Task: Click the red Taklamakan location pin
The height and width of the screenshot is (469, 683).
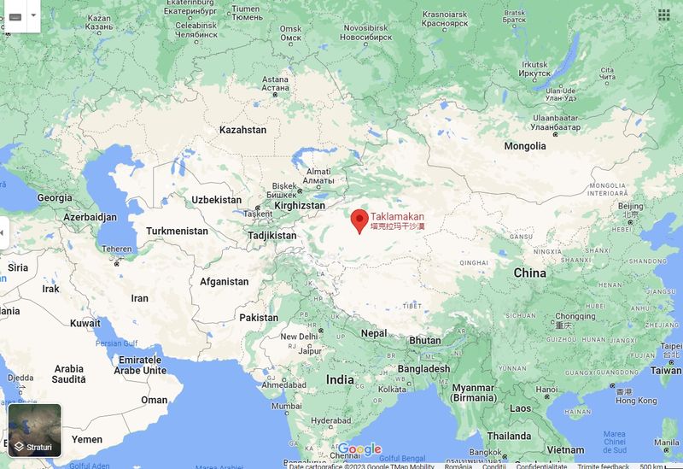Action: pos(359,220)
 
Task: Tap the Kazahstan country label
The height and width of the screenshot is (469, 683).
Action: pos(242,130)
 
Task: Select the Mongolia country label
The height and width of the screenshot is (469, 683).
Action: pos(524,146)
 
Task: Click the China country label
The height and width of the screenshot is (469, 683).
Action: pos(529,273)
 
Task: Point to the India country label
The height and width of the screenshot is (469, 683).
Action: pos(340,379)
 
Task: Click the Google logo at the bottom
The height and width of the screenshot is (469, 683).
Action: pos(359,449)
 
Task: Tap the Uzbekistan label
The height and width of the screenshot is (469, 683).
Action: pos(217,199)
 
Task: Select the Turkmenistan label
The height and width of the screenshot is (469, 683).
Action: pos(177,231)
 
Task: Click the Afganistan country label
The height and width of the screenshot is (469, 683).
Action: pos(224,281)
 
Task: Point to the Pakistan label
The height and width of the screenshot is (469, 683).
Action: pos(259,317)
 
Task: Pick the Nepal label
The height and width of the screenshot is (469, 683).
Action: pos(374,333)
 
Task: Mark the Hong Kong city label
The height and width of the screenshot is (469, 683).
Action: pos(636,401)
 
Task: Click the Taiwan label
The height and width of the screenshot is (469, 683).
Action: pos(666,371)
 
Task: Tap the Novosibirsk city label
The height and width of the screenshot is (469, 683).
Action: pos(365,27)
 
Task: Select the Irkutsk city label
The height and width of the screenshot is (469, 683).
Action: pos(534,64)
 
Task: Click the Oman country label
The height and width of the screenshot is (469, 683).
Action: pos(155,400)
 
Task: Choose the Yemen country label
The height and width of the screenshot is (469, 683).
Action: pos(86,438)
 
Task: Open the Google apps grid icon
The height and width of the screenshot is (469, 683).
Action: pos(664,15)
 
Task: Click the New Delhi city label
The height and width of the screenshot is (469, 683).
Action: pos(300,337)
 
